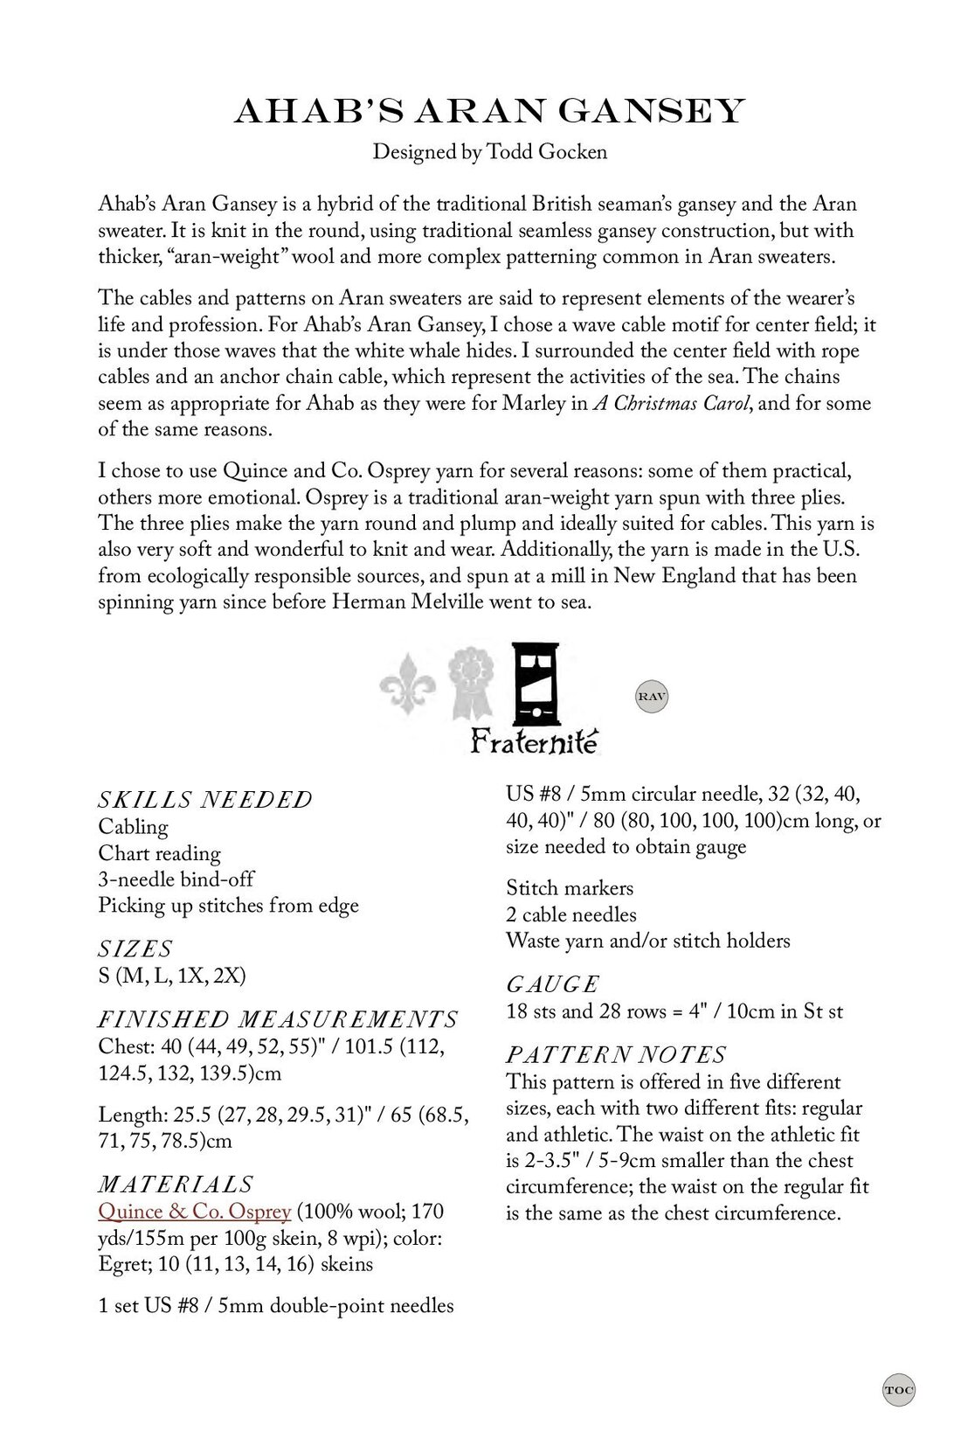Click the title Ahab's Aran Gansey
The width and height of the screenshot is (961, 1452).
coord(489,112)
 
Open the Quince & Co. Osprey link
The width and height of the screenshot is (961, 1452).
coord(194,1212)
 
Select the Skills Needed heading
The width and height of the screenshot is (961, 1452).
coord(205,800)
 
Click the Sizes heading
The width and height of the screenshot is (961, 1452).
coord(135,948)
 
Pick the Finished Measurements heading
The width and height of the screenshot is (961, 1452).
coord(278,1019)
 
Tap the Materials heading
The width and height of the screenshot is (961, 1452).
coord(176,1185)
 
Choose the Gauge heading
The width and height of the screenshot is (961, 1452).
coord(553,984)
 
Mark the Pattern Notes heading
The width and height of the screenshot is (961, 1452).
coord(617,1054)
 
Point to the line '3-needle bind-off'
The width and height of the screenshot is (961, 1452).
coord(176,879)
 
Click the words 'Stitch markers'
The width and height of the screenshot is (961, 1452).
coord(570,888)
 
